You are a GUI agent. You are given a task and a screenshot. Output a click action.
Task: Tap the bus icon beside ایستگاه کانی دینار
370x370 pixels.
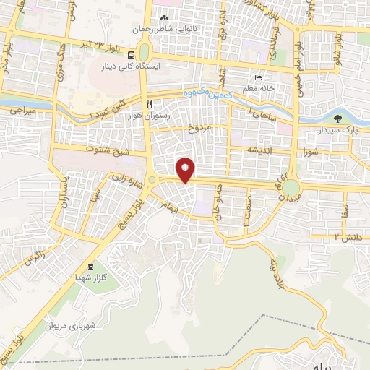point(132,54)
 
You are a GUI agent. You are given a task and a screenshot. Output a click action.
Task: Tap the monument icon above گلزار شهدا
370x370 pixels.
point(90,267)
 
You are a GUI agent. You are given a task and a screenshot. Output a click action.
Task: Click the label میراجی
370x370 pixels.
point(21,112)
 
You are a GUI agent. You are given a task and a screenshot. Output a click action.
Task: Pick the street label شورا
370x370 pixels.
point(311,152)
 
